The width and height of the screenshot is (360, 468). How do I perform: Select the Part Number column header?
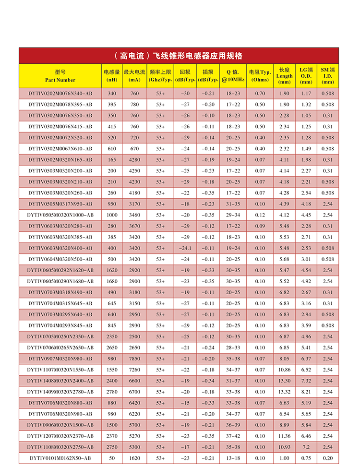coord(60,76)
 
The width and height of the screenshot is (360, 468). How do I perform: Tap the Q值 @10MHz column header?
coord(233,76)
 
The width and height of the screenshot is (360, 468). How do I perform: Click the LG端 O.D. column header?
coord(306,76)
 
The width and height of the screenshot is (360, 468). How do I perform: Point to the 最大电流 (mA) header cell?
coord(134,76)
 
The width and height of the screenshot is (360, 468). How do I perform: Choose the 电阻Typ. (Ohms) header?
coord(260,76)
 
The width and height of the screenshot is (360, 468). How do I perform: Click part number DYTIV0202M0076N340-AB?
coord(60,93)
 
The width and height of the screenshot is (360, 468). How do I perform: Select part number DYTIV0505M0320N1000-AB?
coord(60,215)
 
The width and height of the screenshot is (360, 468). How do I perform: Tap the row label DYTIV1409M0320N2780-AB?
coord(60,392)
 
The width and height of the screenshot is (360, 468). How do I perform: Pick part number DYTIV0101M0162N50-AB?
coord(60,458)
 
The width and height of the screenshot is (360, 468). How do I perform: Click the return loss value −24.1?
coord(184,248)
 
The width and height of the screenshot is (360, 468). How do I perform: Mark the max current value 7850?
coord(134,359)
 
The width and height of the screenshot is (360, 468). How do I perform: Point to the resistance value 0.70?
coord(260,93)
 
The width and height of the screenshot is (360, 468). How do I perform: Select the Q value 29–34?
coord(233,215)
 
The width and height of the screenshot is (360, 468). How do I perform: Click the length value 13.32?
coord(284,392)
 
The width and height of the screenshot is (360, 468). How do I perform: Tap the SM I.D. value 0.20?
coord(328,458)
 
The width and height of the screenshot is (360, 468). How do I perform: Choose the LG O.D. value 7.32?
coord(306,381)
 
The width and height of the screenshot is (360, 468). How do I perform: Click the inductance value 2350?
coord(112,336)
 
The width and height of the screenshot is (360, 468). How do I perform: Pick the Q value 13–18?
coord(233,458)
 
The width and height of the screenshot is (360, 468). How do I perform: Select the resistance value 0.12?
coord(260,215)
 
